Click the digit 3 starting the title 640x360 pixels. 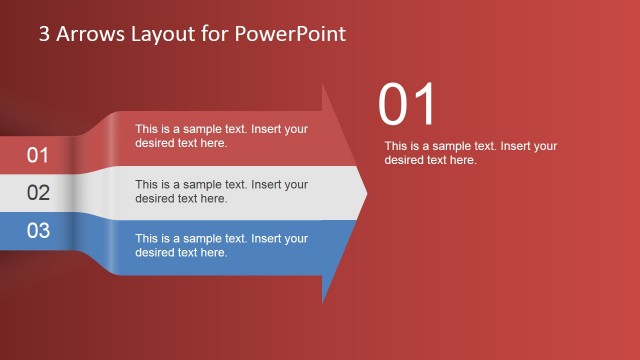coord(44,34)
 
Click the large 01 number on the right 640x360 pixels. coord(408,105)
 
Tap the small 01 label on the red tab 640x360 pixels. coord(38,155)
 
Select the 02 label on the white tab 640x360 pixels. coord(38,193)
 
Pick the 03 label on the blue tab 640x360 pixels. coord(38,231)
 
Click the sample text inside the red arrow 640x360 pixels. coord(221,136)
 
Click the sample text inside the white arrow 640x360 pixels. coord(221,191)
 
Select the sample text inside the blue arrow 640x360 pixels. coord(221,246)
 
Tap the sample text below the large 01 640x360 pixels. coord(470,153)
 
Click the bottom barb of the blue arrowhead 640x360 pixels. coord(324,297)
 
